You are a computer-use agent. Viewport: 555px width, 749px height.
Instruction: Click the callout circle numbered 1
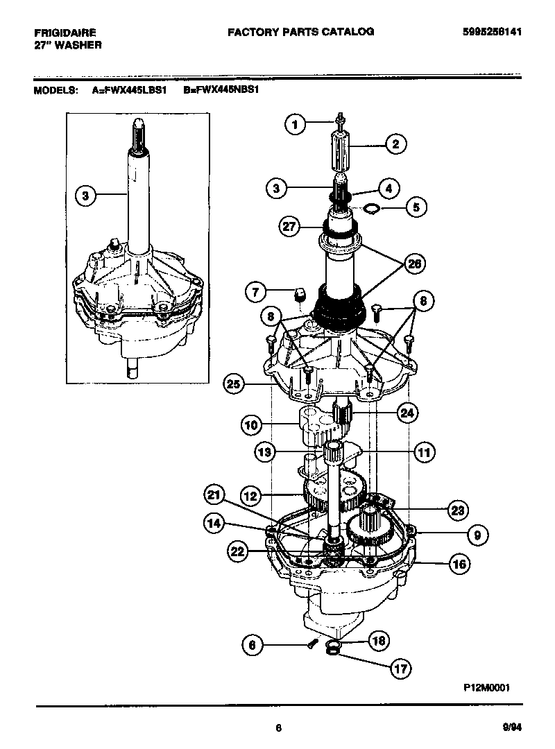(296, 125)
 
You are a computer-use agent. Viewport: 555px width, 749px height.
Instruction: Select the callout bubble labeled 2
(395, 145)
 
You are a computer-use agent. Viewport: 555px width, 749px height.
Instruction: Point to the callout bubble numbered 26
(415, 264)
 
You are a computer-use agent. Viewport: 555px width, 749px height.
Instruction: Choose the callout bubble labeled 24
(406, 413)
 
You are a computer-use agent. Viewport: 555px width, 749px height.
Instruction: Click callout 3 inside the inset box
(85, 196)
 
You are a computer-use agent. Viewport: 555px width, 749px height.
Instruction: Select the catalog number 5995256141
(493, 32)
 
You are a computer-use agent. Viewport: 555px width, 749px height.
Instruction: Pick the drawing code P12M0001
(487, 688)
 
